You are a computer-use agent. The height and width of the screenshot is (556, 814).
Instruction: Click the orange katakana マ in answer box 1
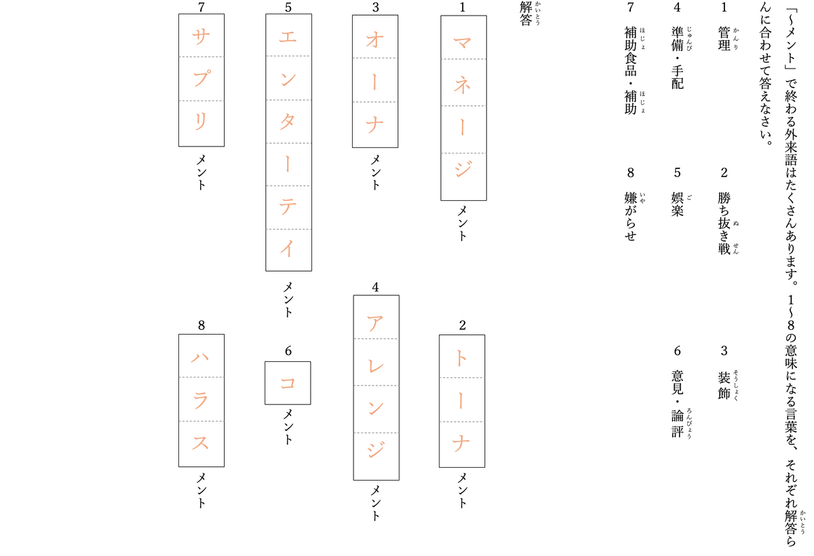coord(462,43)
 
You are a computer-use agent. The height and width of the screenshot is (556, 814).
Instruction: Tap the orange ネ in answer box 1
coord(462,86)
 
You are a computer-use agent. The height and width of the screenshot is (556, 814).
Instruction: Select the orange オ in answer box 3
coord(375,39)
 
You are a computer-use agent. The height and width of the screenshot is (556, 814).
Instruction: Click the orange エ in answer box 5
coord(288,37)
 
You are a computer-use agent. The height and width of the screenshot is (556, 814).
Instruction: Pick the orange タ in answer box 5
coord(288,122)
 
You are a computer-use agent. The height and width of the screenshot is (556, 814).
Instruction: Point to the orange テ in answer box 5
coord(288,206)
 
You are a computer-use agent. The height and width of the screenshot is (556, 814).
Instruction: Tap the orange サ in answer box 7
coord(201,37)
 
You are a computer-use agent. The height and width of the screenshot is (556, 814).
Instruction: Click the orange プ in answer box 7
coord(201,78)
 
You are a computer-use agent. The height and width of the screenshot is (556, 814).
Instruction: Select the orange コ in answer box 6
coord(288,383)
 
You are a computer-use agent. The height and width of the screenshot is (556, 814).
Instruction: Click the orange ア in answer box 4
coord(375,323)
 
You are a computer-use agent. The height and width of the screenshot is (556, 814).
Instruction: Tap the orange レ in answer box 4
coord(376,366)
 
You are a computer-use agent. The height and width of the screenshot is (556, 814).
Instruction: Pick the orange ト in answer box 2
coord(461,358)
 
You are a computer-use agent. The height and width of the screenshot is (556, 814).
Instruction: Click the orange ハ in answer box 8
coord(200,358)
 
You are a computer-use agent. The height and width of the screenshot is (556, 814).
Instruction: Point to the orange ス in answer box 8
coord(201,443)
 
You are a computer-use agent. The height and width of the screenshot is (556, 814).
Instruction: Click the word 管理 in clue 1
coord(724,39)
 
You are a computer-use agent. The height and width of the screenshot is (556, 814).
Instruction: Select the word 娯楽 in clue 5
coord(678,204)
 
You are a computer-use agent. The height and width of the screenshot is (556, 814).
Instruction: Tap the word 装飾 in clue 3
coord(724,386)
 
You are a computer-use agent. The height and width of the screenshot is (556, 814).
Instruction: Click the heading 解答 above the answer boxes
coord(526,14)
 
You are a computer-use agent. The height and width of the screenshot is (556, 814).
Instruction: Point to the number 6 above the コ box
coord(288,351)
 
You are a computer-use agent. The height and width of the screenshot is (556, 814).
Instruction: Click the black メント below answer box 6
coord(288,427)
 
